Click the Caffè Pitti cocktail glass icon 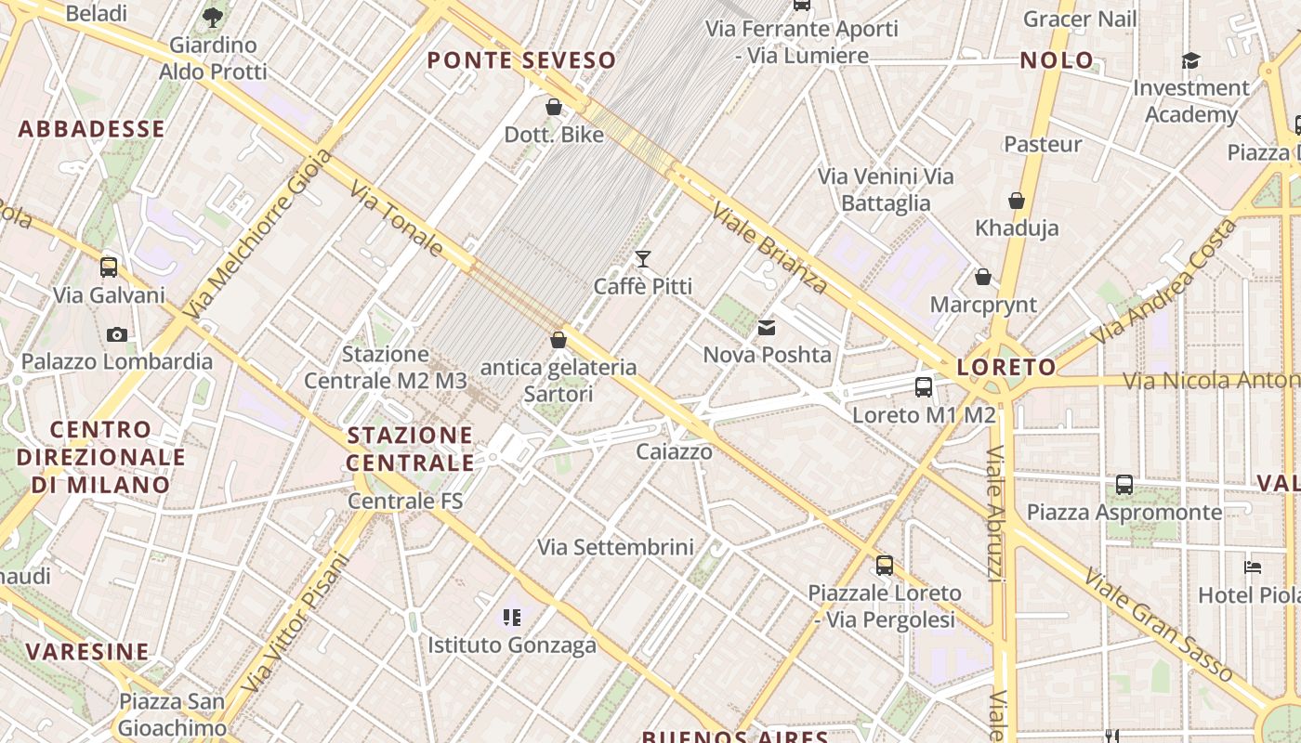(642, 258)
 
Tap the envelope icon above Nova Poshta (767, 327)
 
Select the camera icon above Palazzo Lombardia (117, 334)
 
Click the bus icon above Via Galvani (109, 267)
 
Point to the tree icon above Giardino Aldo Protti (213, 17)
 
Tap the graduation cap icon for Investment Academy (1190, 61)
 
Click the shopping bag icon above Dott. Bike (554, 108)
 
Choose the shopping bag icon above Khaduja (1017, 201)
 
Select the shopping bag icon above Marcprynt (983, 277)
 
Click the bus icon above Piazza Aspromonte (1124, 484)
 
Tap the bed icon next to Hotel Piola (1253, 567)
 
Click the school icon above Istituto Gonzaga (511, 617)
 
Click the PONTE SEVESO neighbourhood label (521, 60)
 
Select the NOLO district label (1058, 60)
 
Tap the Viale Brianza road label (769, 248)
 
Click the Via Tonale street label (397, 218)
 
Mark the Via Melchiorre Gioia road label (258, 234)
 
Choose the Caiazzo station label (675, 452)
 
